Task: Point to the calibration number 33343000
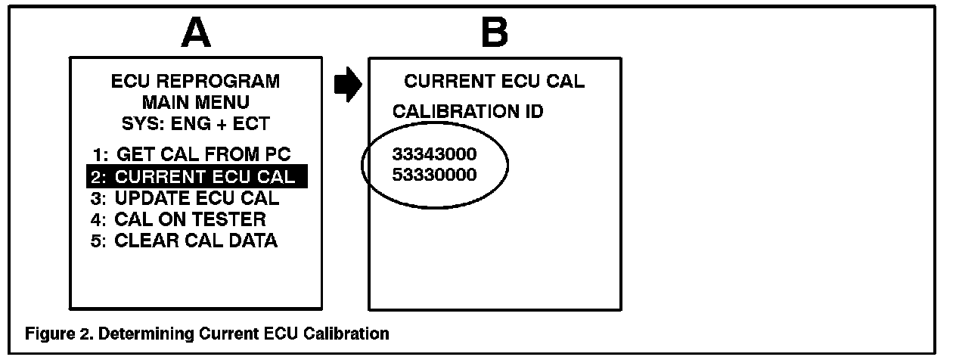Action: tap(434, 155)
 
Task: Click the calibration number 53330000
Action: tap(434, 175)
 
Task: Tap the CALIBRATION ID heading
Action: tap(467, 112)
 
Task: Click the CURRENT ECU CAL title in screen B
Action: tap(494, 82)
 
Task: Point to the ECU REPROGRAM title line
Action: tap(195, 81)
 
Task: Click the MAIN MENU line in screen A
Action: tap(195, 101)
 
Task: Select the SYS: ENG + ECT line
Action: tap(195, 123)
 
